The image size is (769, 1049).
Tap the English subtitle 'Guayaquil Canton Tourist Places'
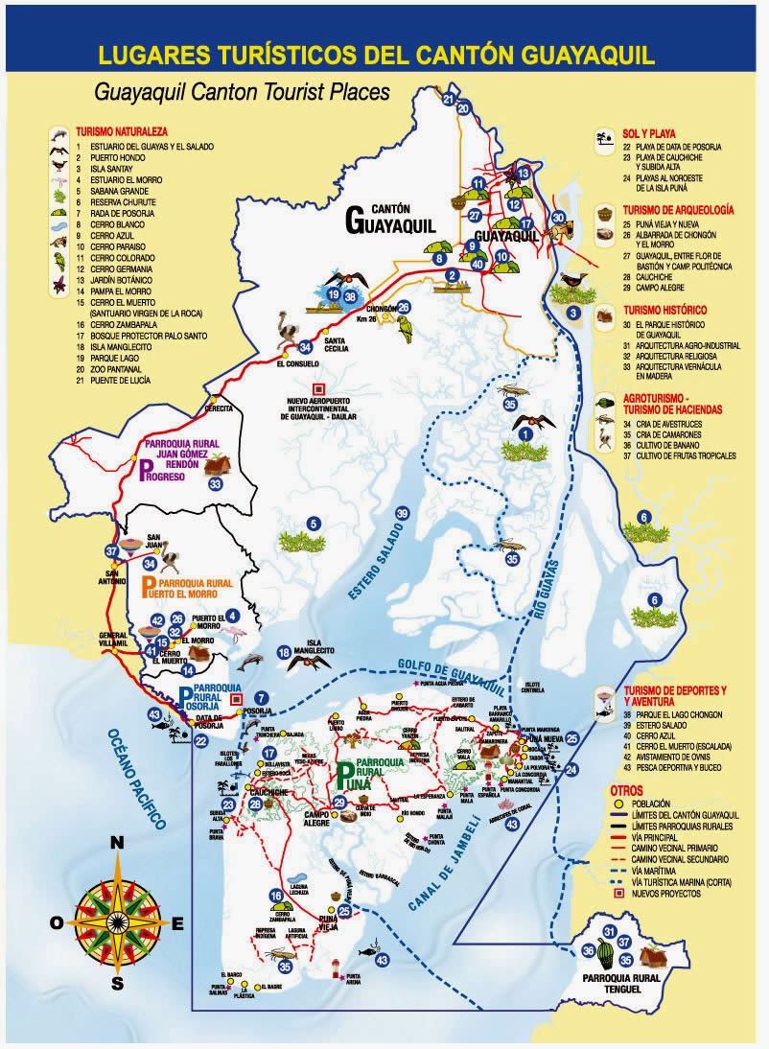tap(242, 93)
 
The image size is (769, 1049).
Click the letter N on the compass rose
tap(117, 843)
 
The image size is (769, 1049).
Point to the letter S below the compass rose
tap(117, 983)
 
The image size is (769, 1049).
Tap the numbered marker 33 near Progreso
tap(216, 484)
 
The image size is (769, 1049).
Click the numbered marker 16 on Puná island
tap(276, 896)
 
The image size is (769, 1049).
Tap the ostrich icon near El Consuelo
tap(289, 331)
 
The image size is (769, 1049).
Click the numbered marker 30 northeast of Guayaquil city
tap(559, 218)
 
